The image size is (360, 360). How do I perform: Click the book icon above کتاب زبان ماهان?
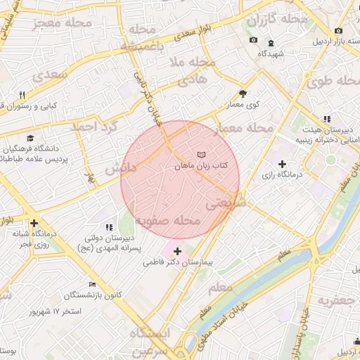coord(202,154)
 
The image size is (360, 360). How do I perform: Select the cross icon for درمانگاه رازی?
coord(282,164)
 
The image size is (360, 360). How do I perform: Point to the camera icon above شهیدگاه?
coord(253,41)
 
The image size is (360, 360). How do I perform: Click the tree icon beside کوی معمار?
coord(243,93)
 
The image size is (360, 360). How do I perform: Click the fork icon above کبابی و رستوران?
coord(22,96)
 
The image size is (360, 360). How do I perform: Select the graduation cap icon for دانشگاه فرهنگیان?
coord(30,138)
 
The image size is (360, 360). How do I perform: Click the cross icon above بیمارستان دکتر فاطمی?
coord(176,250)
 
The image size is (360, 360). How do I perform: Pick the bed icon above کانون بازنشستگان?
coord(92,284)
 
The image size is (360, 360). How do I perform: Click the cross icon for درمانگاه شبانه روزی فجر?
coord(33,223)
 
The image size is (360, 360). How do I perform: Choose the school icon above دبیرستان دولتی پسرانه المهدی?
coord(108,227)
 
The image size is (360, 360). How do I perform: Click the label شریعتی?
coord(225,204)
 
